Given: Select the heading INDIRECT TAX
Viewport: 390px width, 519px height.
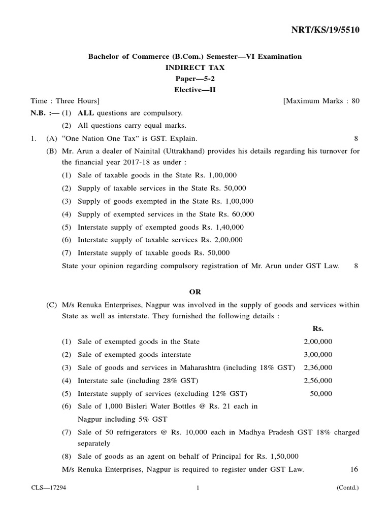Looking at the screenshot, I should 195,67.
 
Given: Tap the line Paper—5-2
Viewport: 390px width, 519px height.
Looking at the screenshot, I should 195,79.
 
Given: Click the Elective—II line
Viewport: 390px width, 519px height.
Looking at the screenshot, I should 195,90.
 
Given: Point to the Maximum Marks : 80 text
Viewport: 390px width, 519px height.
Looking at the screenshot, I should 322,101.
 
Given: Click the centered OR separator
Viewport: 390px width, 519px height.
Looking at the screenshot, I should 195,291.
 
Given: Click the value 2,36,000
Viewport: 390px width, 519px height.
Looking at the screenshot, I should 318,367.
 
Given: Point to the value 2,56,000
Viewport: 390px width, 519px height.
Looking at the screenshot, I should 318,381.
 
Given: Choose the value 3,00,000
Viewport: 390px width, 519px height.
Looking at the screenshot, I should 318,354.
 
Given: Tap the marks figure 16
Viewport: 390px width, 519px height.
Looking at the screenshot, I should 354,469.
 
